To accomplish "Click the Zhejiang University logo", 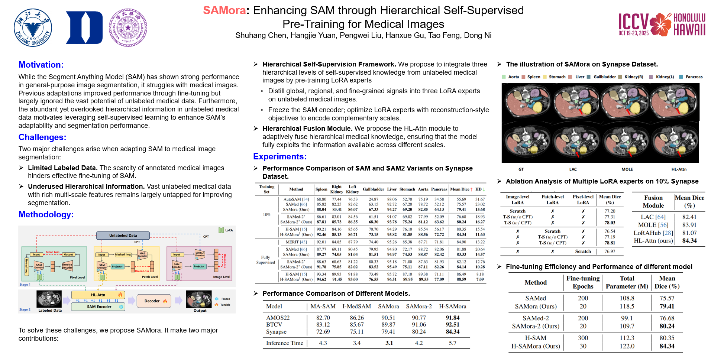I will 33,28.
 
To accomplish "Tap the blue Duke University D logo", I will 84,28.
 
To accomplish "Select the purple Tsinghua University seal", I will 128,28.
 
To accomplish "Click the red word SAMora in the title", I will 224,10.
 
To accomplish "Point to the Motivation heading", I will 41,65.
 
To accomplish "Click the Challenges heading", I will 42,137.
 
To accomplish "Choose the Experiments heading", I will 279,156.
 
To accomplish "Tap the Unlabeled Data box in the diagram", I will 123,236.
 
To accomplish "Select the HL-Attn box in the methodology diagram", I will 98,295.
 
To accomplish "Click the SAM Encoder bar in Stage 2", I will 99,307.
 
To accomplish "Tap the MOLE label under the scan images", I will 627,169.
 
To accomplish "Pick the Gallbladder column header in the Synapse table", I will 373,189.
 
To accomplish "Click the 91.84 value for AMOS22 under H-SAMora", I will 452,318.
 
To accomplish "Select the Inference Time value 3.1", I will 389,343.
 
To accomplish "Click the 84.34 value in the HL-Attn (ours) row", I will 689,240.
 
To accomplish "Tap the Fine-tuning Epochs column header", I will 583,282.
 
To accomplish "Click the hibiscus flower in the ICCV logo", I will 660,25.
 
